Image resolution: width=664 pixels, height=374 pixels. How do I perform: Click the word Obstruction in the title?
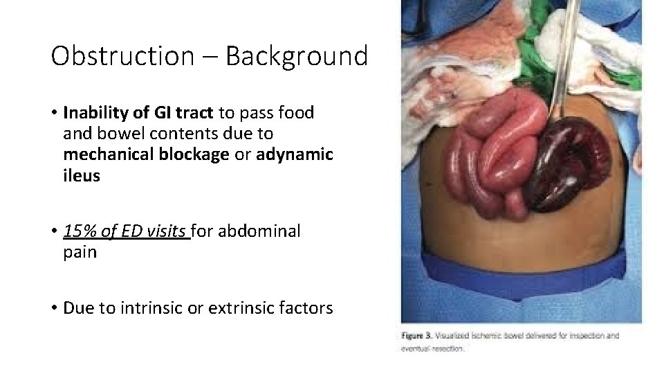click(122, 55)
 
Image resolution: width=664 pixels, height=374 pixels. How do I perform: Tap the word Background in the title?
click(296, 55)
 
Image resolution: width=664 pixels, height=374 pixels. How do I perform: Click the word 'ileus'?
click(82, 176)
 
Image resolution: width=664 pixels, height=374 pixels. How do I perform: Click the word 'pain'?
click(80, 252)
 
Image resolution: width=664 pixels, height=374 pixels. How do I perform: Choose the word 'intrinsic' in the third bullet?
click(146, 307)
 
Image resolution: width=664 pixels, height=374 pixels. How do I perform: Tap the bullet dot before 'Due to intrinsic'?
click(53, 308)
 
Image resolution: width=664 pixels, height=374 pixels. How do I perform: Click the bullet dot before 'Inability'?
click(53, 113)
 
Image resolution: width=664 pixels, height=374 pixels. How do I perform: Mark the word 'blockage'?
click(195, 154)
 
